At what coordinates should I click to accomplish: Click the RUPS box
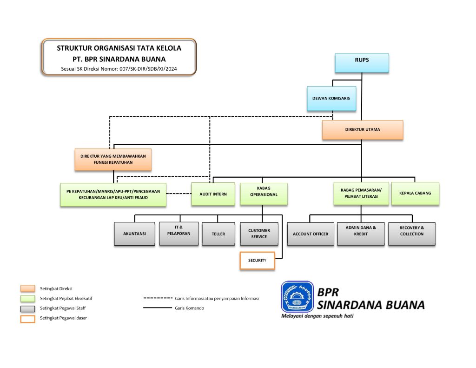point(362,63)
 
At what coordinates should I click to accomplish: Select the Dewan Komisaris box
point(331,99)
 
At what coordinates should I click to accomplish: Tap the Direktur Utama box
point(363,130)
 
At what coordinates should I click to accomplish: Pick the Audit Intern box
point(213,194)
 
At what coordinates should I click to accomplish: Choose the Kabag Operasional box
point(264,194)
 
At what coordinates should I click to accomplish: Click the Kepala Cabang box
point(415,193)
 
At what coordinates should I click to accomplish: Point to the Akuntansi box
point(134,234)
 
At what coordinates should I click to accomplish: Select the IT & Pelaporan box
point(179,234)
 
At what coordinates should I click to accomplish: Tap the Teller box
point(218,234)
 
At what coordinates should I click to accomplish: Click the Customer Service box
point(259,234)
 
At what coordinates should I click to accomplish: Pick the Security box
point(257,261)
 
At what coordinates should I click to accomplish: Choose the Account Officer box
point(310,234)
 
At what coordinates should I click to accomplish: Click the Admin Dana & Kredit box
point(361,234)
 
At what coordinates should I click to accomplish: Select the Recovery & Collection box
point(412,234)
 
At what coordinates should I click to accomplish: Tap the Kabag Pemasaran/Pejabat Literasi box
point(361,193)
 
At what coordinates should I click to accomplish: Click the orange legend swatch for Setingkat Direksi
point(27,288)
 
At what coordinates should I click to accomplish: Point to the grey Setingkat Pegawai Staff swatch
point(27,308)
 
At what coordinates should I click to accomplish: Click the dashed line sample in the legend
point(158,298)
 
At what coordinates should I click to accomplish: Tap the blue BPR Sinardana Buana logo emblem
point(297,297)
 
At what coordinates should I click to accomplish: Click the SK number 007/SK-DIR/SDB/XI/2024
point(148,69)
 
